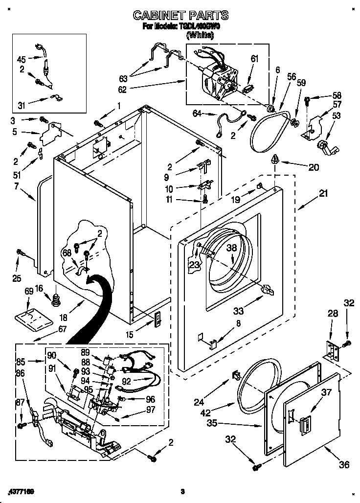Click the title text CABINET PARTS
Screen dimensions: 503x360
pos(180,16)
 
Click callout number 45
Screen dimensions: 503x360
pos(22,59)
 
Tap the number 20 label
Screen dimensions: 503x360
pos(313,167)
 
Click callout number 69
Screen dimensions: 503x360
pos(29,292)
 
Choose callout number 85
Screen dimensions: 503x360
pos(21,363)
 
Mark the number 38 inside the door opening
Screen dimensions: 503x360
pos(231,248)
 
